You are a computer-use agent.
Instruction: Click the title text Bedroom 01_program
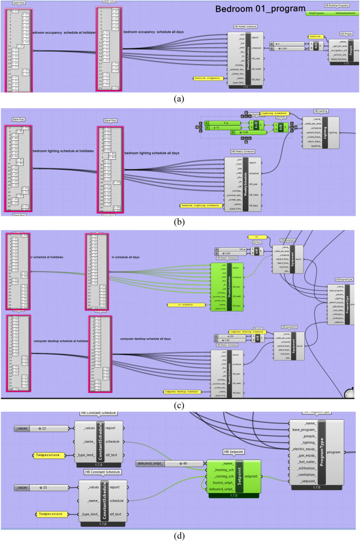260,9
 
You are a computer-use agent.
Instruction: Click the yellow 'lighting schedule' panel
274,113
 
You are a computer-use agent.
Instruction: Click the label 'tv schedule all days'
126,257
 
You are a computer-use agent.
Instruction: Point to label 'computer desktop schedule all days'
145,339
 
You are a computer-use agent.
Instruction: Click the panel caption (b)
180,222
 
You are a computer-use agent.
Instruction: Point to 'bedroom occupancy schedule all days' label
156,32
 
